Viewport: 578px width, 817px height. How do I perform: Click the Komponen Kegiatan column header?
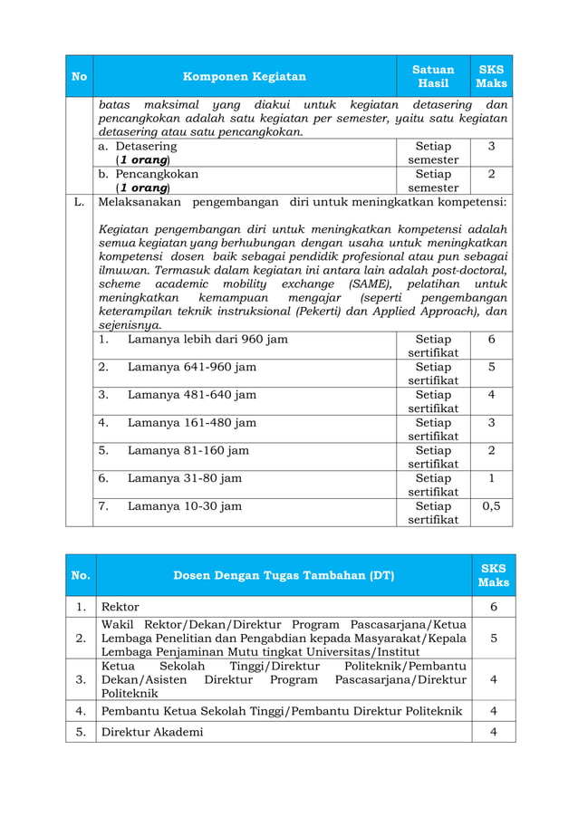(245, 76)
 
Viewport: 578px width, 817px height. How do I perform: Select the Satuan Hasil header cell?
(433, 76)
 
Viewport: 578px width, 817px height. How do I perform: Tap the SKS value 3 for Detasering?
(491, 146)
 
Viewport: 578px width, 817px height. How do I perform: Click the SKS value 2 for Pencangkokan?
(491, 174)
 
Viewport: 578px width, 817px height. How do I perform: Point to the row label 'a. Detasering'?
(138, 146)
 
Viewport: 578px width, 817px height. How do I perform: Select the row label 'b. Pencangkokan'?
(148, 174)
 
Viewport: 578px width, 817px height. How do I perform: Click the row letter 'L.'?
(79, 201)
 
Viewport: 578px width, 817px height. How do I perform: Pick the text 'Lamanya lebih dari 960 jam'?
(207, 339)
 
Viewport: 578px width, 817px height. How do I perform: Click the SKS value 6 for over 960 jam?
(491, 339)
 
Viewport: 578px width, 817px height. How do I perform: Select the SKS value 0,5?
(491, 506)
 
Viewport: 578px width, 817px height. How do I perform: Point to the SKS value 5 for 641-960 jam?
(491, 367)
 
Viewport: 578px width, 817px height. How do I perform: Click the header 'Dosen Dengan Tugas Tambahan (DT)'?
(284, 575)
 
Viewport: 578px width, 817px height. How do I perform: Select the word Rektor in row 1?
(120, 607)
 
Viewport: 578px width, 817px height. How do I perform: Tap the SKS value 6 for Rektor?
(493, 607)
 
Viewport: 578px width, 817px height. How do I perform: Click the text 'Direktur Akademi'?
(152, 732)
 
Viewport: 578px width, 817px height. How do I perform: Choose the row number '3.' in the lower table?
(81, 679)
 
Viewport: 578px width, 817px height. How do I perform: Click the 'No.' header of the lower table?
(81, 575)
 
